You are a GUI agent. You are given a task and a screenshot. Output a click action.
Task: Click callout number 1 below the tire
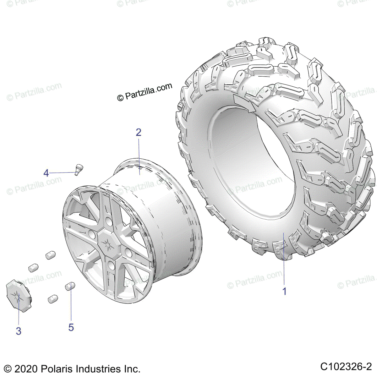284,291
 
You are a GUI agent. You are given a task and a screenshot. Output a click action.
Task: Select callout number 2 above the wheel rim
139,132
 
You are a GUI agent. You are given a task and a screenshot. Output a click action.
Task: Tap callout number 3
19,331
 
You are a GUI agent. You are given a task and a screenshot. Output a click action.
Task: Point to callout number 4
46,173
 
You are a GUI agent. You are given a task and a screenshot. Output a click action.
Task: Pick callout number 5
71,327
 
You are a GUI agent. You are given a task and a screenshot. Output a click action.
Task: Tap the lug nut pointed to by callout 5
70,286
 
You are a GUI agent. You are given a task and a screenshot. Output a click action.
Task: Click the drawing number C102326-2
346,367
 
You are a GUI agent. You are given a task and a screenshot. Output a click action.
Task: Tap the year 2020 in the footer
26,369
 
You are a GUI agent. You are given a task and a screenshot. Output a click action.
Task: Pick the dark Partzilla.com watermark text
145,92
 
